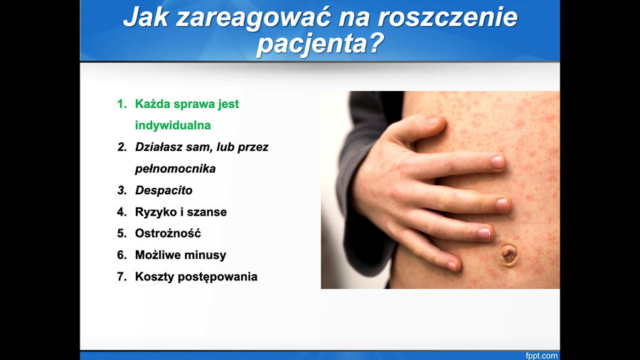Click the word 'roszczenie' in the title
pyautogui.click(x=447, y=17)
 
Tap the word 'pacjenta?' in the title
pyautogui.click(x=320, y=43)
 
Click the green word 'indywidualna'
pyautogui.click(x=173, y=125)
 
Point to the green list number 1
pyautogui.click(x=122, y=104)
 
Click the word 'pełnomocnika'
pyautogui.click(x=175, y=169)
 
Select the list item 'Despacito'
pyautogui.click(x=164, y=190)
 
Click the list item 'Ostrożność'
pyautogui.click(x=168, y=233)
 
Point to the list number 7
pyautogui.click(x=122, y=277)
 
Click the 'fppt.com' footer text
pyautogui.click(x=542, y=356)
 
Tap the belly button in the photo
pyautogui.click(x=509, y=254)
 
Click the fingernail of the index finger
pyautogui.click(x=498, y=162)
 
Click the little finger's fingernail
pyautogui.click(x=451, y=266)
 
